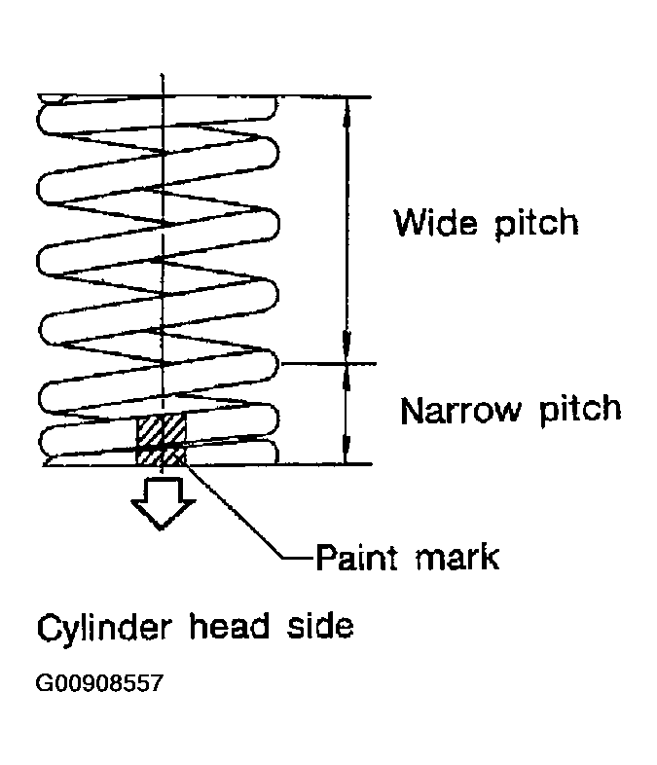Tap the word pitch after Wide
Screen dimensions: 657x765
536,224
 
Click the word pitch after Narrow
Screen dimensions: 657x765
580,411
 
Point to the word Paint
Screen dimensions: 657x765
357,557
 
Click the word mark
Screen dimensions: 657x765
457,557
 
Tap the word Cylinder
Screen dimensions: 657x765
104,629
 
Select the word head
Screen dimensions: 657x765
230,626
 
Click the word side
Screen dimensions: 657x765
320,626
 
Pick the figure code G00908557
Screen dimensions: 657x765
99,683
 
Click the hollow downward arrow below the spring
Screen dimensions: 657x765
163,503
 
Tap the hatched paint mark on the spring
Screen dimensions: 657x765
161,439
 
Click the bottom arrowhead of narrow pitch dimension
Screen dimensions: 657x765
347,453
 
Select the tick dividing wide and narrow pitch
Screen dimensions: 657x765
328,363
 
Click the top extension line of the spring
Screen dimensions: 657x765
203,95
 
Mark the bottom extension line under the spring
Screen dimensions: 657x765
207,465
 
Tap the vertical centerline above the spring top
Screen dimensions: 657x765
163,84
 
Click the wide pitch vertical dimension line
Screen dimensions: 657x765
347,231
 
